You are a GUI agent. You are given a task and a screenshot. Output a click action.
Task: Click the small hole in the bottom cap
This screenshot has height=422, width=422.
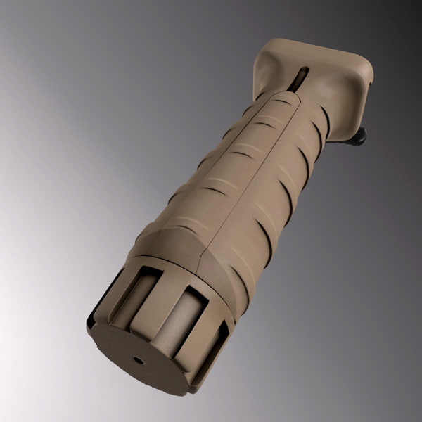(138, 359)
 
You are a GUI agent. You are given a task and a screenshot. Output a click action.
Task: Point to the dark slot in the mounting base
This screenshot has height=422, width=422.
(299, 79)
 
